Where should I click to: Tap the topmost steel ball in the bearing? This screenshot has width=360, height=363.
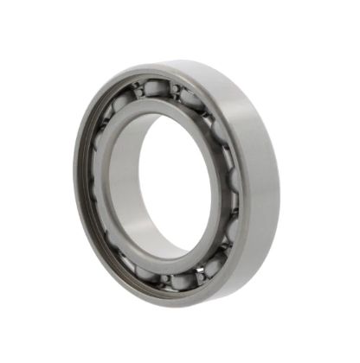(155, 87)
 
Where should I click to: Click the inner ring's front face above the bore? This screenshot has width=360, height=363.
(164, 108)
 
